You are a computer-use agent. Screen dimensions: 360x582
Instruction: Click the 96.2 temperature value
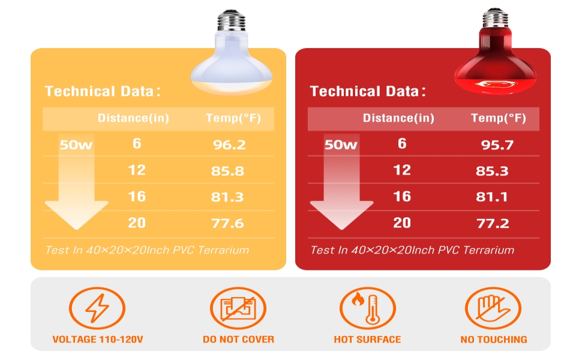tap(229, 145)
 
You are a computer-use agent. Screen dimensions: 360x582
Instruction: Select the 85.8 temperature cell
tap(228, 171)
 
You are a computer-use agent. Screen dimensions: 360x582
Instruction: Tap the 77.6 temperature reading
tap(228, 224)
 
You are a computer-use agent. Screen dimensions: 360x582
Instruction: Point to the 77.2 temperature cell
tap(492, 224)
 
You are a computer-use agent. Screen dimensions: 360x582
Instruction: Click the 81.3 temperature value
tap(227, 197)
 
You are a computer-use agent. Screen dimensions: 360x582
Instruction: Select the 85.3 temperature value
tap(492, 171)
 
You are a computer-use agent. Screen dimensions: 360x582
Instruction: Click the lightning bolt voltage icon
tap(97, 308)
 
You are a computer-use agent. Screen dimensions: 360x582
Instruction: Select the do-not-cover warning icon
tap(238, 308)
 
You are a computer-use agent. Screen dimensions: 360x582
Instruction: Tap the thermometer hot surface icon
tap(367, 308)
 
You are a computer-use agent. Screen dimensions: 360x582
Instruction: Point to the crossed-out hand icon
tap(493, 308)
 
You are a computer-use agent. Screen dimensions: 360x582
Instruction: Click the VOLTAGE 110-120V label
tap(98, 340)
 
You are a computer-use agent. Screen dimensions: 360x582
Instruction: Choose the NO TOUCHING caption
tap(494, 340)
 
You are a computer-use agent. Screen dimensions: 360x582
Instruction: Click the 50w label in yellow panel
tap(76, 145)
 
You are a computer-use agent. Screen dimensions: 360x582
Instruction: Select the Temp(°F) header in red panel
tap(498, 118)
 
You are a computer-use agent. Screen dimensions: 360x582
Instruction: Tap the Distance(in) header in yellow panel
tap(133, 118)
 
